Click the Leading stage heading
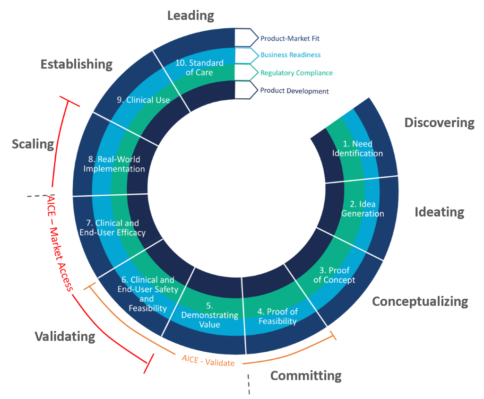tap(190, 15)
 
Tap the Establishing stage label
tap(77, 64)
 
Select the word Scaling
tap(33, 144)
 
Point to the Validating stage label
tap(65, 336)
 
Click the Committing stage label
tap(306, 376)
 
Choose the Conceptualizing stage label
tap(420, 301)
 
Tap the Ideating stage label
tap(439, 212)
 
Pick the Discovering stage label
tap(439, 123)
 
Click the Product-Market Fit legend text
tap(290, 38)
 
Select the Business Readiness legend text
tap(290, 55)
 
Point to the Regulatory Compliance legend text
tap(296, 73)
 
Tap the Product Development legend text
tap(294, 91)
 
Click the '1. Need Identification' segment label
tap(357, 148)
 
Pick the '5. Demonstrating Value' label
tap(210, 315)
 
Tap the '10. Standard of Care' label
tap(199, 68)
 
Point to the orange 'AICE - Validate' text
tap(208, 360)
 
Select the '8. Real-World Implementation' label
tap(114, 164)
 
